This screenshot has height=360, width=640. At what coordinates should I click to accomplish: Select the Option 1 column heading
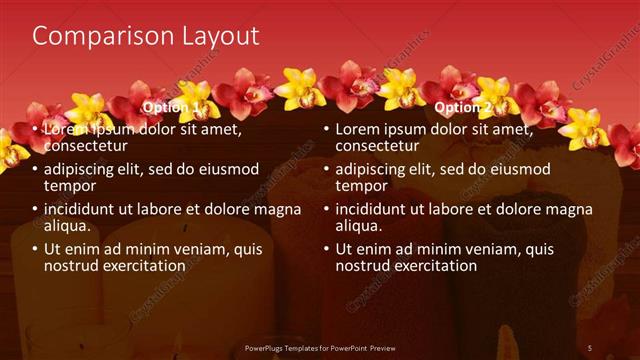(x=171, y=107)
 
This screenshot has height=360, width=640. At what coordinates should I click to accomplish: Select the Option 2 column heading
(x=463, y=107)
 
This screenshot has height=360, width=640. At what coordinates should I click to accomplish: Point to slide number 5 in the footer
(x=589, y=348)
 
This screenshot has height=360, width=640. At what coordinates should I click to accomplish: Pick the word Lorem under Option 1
(x=66, y=130)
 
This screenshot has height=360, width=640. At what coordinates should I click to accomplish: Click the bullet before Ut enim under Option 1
(x=33, y=250)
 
